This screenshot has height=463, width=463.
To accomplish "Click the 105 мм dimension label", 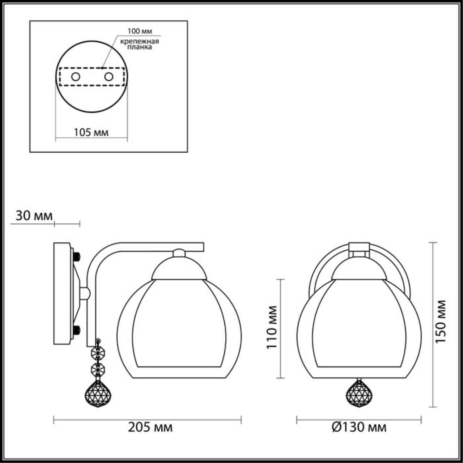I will (x=91, y=132).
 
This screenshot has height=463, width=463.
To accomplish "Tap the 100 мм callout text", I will (x=139, y=31).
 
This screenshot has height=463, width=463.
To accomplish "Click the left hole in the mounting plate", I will (x=76, y=77).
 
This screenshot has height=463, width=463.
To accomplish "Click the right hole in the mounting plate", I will (x=109, y=77).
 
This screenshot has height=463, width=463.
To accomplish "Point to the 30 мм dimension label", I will (x=34, y=216).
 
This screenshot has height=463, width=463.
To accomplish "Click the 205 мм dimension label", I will (x=150, y=428).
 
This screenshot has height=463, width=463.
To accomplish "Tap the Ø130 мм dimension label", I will (x=359, y=428).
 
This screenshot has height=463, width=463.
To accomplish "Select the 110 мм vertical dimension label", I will (x=272, y=327).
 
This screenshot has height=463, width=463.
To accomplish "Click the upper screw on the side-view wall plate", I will (x=77, y=256).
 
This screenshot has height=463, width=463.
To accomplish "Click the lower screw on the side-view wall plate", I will (x=77, y=330).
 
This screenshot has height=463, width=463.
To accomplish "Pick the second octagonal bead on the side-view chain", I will (x=98, y=369).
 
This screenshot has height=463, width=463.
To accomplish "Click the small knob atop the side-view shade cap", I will (x=179, y=253).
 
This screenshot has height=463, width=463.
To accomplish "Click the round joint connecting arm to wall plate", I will (x=84, y=293).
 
